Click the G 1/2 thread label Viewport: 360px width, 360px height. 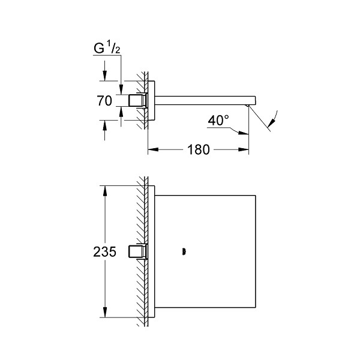click(x=107, y=48)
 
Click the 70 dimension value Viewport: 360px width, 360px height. click(x=104, y=101)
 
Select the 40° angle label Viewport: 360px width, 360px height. click(x=218, y=121)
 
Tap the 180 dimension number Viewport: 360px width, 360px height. click(x=199, y=149)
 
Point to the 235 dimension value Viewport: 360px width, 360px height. click(x=104, y=251)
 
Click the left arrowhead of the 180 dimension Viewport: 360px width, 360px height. click(x=153, y=149)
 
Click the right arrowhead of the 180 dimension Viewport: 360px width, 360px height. click(x=244, y=149)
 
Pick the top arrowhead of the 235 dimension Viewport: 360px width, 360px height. click(x=105, y=191)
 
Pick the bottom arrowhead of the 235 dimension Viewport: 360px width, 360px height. click(x=105, y=312)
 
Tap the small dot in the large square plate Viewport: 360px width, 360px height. click(x=184, y=251)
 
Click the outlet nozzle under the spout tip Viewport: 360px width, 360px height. click(x=247, y=106)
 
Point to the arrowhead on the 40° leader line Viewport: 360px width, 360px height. click(x=244, y=133)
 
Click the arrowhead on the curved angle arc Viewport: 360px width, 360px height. click(x=271, y=123)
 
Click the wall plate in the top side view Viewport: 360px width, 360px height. click(x=151, y=101)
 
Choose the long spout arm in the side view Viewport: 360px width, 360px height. click(x=205, y=101)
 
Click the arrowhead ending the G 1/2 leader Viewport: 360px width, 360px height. click(x=121, y=89)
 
